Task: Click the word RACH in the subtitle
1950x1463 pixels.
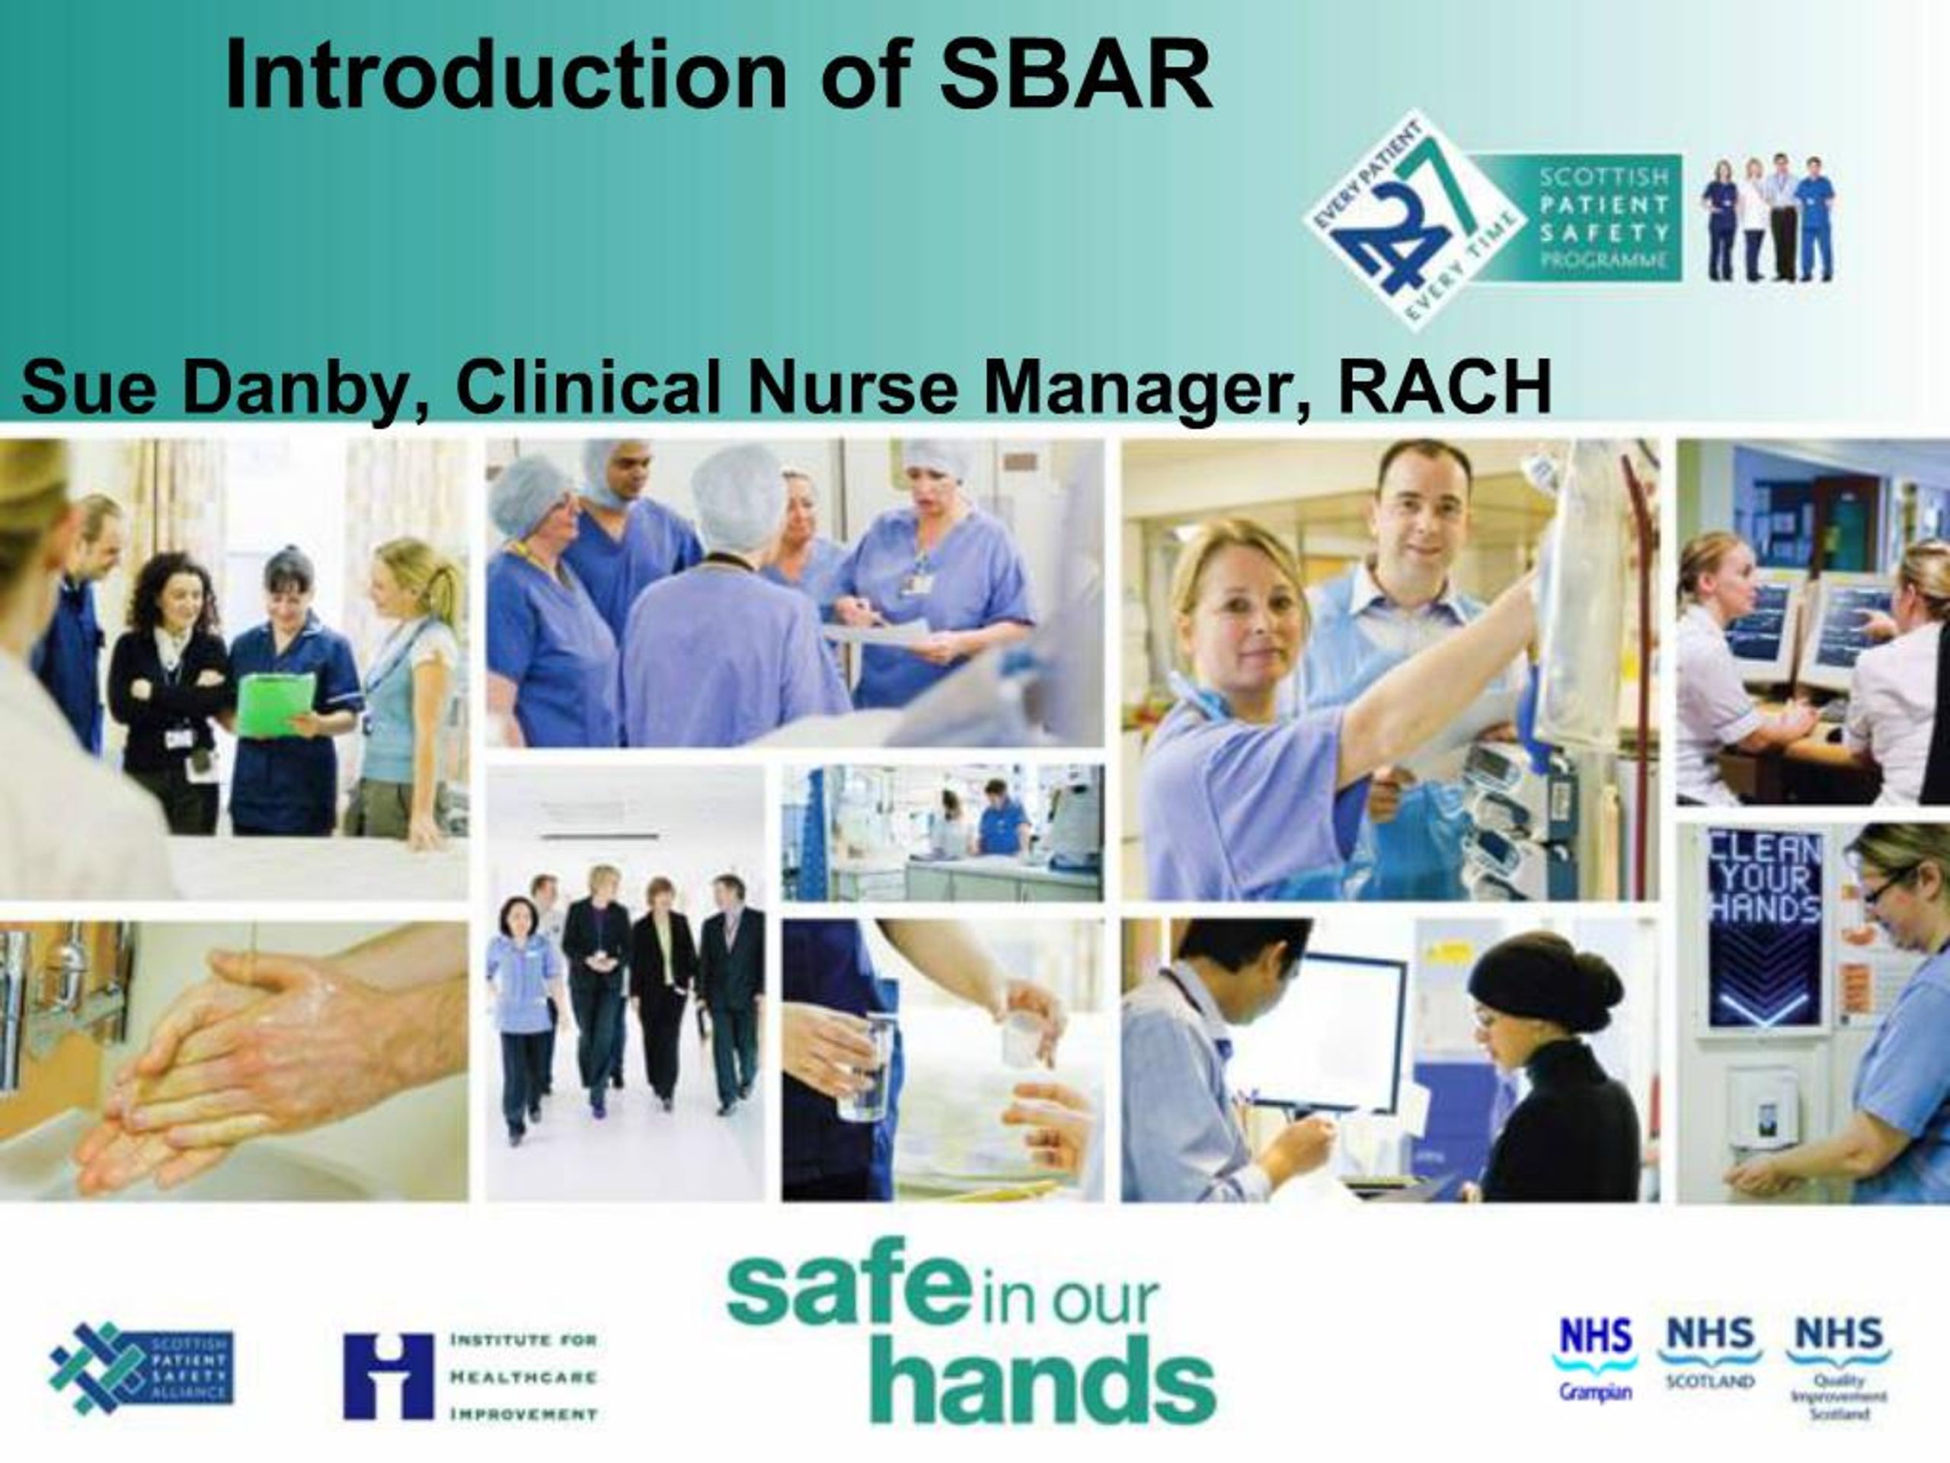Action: [x=1445, y=388]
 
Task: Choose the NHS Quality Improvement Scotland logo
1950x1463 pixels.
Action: [x=1838, y=1375]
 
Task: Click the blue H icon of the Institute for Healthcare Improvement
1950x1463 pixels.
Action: [x=388, y=1375]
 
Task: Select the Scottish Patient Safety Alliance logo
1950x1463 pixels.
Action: [x=141, y=1368]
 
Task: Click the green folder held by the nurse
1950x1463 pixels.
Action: [x=276, y=704]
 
